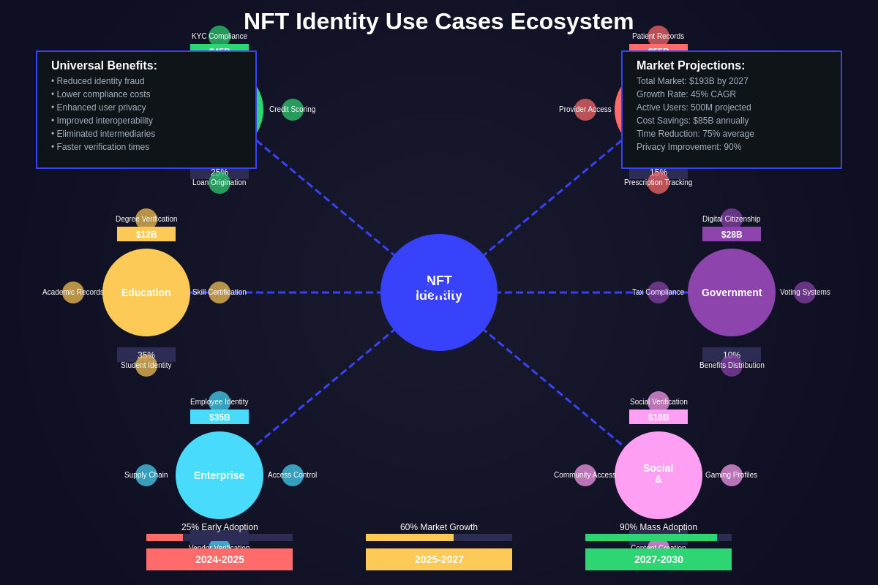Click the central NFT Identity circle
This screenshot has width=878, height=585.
click(439, 292)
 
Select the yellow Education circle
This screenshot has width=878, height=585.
click(146, 292)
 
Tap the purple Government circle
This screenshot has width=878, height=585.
click(732, 292)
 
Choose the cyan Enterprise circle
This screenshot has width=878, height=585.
click(219, 475)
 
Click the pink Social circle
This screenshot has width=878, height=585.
click(658, 475)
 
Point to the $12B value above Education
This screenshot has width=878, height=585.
click(146, 234)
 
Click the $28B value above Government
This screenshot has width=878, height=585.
click(732, 234)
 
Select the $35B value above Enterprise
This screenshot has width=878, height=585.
click(219, 417)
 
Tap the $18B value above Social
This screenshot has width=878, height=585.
click(658, 417)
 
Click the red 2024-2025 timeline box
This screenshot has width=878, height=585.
click(219, 559)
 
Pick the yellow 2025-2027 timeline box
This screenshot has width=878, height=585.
click(439, 559)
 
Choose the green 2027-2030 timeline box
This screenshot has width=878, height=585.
click(658, 559)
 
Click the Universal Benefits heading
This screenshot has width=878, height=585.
click(104, 66)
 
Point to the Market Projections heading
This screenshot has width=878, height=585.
click(691, 66)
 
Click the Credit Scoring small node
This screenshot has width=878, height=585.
click(293, 110)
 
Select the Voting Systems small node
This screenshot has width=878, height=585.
click(805, 292)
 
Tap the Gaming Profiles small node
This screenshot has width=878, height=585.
click(732, 475)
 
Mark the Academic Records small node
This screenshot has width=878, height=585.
click(73, 292)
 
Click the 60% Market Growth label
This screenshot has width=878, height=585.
click(439, 527)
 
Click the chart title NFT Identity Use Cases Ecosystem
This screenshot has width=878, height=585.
click(439, 21)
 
